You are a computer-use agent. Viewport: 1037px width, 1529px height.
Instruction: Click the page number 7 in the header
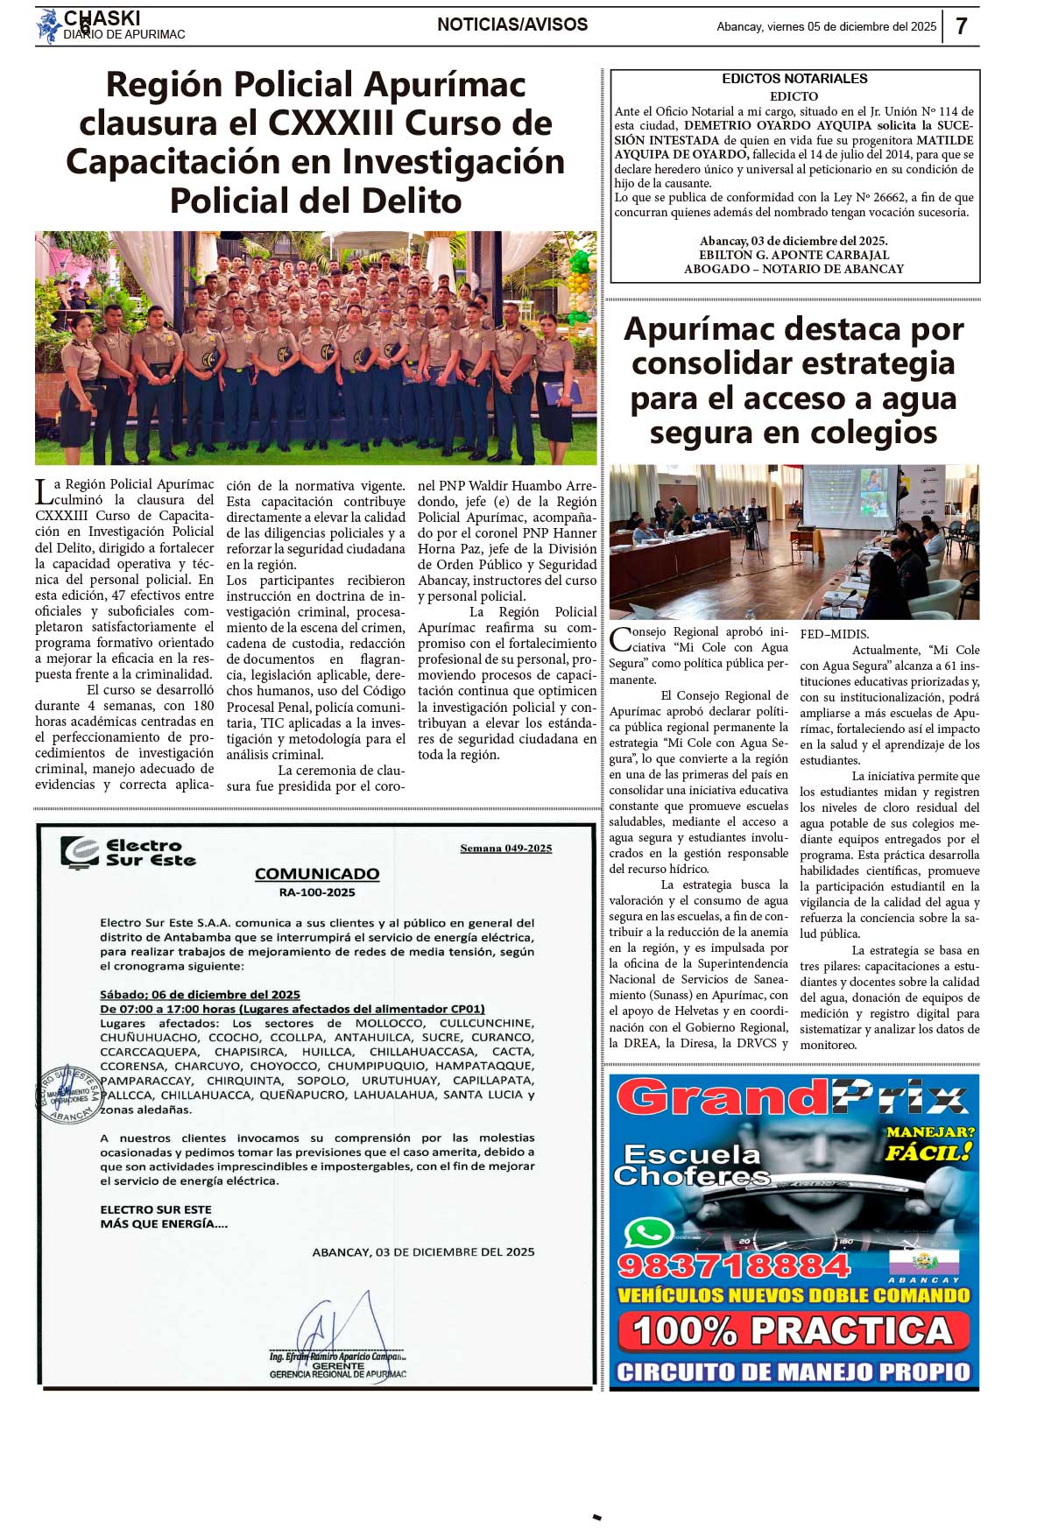coord(961,26)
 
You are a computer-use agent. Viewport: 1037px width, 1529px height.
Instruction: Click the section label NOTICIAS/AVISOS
coord(512,25)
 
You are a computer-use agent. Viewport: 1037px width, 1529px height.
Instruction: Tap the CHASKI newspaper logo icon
coord(48,25)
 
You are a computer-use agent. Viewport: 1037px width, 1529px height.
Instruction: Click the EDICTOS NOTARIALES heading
coord(794,79)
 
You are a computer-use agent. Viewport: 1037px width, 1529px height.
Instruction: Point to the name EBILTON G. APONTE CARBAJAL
coord(794,255)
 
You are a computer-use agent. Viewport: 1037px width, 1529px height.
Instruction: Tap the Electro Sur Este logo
coord(128,852)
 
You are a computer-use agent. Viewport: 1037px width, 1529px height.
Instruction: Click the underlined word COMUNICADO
coord(317,874)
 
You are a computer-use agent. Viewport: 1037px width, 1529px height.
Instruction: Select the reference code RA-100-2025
coord(317,892)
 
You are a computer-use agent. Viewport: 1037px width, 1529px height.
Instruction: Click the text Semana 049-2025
coord(505,848)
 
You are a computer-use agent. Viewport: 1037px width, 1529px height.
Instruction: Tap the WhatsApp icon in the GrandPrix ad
coord(648,1234)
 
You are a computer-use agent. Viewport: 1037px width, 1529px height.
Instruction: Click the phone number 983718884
coord(734,1265)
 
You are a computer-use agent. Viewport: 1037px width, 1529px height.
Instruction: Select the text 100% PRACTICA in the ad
coord(794,1331)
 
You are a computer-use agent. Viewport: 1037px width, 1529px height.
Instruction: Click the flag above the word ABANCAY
coord(923,1261)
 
